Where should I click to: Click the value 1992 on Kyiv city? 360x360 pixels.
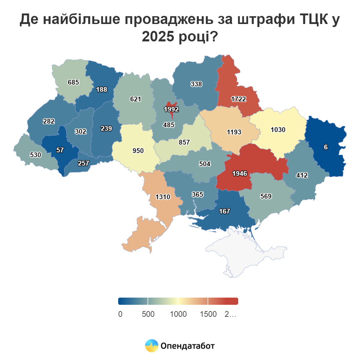pos(171,109)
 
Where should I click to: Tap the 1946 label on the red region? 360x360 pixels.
pos(240,173)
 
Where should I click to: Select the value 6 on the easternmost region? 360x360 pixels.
pos(326,147)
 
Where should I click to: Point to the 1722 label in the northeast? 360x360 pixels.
pos(238,99)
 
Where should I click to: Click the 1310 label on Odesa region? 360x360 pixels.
pos(163,197)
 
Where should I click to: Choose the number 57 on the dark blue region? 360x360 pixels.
pos(60,150)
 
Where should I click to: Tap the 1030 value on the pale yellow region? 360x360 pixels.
pos(278,130)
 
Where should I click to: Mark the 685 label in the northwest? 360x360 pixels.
pos(73,82)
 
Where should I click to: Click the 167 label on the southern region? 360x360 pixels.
pos(224,211)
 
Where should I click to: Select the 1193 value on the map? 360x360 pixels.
pos(234,132)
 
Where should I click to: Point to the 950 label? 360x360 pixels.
pos(138,151)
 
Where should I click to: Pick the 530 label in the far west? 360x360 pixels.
pos(35,155)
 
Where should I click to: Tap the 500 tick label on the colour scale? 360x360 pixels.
pos(148,314)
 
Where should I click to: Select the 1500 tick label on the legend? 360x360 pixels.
pos(208,314)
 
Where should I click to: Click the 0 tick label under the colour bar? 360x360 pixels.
pos(120,314)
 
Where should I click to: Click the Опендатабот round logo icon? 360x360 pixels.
pos(151,346)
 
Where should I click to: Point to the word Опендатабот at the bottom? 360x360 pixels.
pos(187,346)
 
